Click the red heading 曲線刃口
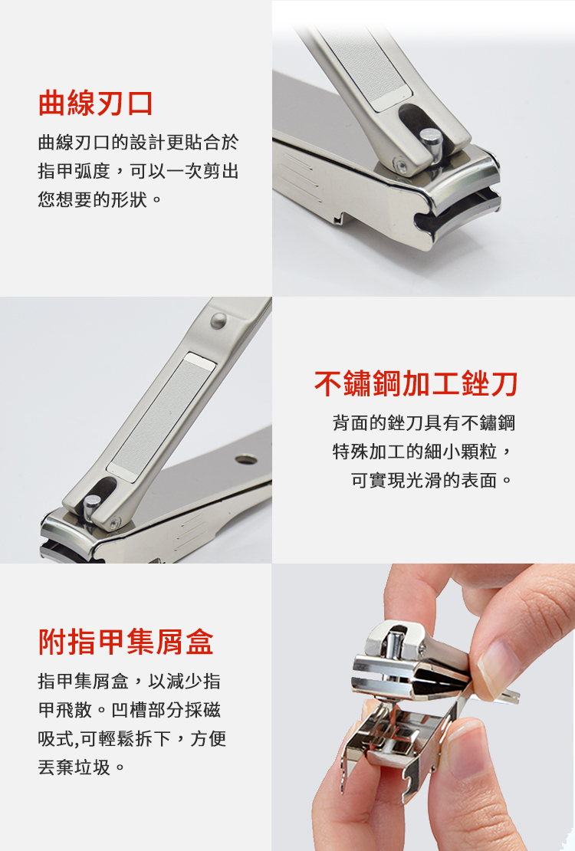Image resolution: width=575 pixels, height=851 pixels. (x=96, y=103)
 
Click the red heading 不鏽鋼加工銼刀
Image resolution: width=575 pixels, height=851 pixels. (x=416, y=383)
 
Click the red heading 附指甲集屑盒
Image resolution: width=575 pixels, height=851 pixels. (x=126, y=642)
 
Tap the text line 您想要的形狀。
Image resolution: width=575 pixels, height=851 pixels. (x=100, y=200)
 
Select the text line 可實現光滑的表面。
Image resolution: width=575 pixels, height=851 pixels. (x=432, y=480)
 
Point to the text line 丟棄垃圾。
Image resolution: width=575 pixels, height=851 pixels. (x=82, y=767)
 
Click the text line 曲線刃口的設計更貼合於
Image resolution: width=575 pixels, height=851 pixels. (x=139, y=142)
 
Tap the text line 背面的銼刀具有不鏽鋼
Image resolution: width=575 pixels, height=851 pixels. (x=424, y=422)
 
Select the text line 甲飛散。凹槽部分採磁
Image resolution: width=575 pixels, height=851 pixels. (x=130, y=709)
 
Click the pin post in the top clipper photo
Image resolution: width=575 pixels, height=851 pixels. (x=431, y=144)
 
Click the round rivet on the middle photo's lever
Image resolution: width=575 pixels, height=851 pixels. (x=219, y=320)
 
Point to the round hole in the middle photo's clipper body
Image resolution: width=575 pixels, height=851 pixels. (x=246, y=460)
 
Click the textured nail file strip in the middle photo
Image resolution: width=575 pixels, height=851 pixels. (x=161, y=417)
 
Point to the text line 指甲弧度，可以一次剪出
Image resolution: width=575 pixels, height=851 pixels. (x=139, y=171)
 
